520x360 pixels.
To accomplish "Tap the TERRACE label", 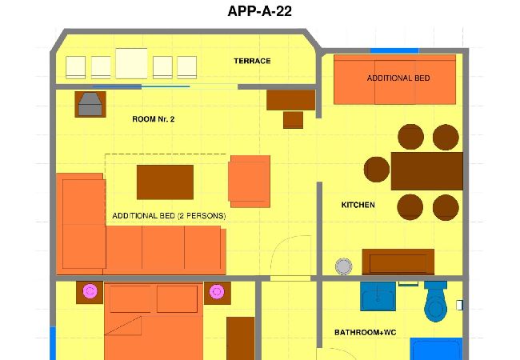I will coord(252,61).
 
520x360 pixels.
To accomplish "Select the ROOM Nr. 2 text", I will coord(153,119).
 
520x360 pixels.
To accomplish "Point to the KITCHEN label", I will coord(358,206).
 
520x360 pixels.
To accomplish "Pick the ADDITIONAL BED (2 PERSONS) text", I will coord(169,216).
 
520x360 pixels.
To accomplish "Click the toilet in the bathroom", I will coord(436,302).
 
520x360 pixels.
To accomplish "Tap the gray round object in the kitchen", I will coord(344,266).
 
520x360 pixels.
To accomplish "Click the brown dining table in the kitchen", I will coord(426,170).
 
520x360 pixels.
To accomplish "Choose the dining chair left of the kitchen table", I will coord(377,170).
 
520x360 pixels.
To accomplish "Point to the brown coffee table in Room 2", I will coord(165,182).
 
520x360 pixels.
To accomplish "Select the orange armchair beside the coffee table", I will coord(250,180).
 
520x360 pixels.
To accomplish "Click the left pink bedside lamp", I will coord(90,292).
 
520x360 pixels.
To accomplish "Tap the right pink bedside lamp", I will coord(215,292).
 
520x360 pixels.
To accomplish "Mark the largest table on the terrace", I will coord(131,64).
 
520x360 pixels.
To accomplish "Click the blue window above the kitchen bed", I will coord(394,51).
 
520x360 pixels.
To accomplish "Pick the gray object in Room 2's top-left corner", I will coord(90,104).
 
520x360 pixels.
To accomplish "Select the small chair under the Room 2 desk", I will coord(293,120).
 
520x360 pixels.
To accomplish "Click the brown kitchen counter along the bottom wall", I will coord(398,262).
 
